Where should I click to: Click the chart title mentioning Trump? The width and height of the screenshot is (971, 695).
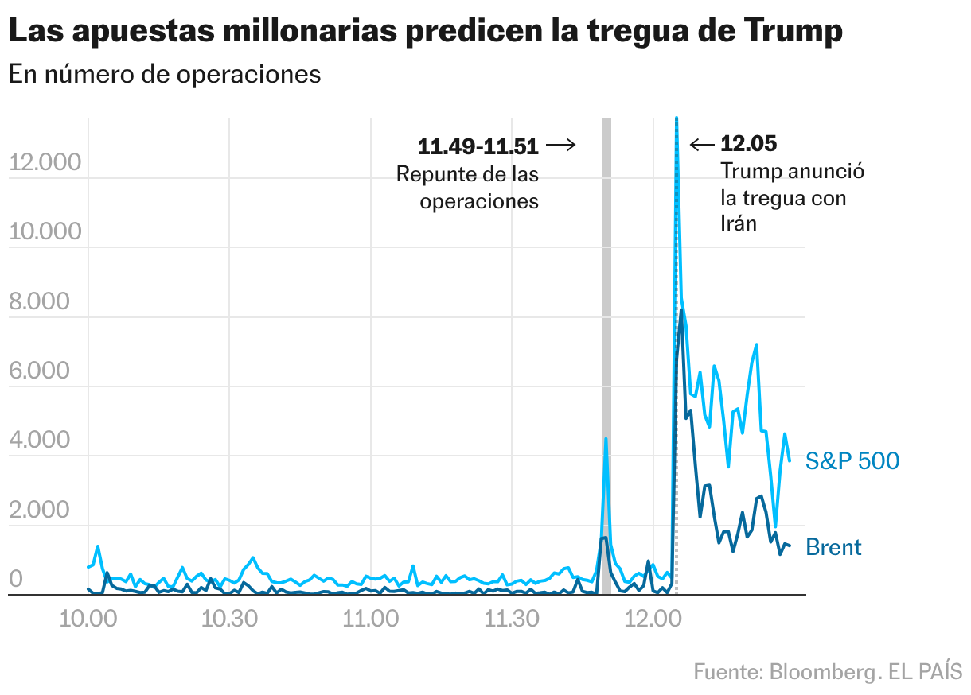425,32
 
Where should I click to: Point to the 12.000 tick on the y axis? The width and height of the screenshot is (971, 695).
45,162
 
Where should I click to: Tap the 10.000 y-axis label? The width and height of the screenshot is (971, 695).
45,231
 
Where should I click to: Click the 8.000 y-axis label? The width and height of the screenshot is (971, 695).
45,301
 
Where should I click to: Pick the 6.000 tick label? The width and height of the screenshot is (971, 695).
45,371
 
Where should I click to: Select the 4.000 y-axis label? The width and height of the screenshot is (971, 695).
45,441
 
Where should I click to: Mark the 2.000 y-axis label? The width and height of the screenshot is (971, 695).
45,510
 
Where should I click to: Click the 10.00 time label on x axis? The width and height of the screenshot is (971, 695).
87,618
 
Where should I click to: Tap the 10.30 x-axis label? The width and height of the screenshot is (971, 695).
228,618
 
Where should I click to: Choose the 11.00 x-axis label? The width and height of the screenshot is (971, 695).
369,618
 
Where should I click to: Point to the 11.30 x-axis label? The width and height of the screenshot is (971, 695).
511,618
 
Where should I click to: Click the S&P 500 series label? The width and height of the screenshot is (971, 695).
852,461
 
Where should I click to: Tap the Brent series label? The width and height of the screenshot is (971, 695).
833,547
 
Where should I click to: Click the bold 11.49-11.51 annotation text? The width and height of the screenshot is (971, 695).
478,146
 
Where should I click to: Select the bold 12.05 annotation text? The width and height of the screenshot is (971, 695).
748,144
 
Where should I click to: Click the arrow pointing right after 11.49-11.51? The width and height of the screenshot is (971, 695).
560,145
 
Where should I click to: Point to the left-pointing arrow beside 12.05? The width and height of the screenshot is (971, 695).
702,144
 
